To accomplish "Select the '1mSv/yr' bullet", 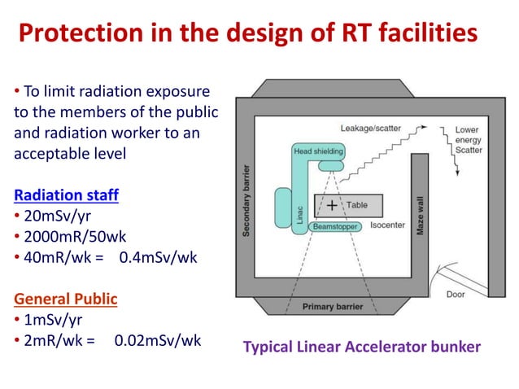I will (46, 320).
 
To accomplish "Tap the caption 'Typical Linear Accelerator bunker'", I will (362, 347).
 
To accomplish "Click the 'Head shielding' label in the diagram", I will (318, 151).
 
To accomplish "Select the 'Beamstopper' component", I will (334, 226).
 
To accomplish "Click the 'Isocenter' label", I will (387, 225).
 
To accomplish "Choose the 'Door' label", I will (456, 294).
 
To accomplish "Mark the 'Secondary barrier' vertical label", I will (246, 201).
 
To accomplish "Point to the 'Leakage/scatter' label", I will (371, 129).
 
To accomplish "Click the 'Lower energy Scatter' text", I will (468, 139).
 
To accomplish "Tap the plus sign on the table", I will (332, 205).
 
